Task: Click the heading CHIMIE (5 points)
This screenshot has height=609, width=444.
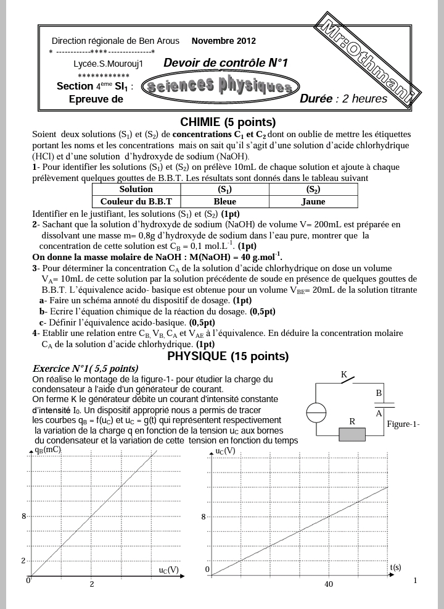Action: pos(228,122)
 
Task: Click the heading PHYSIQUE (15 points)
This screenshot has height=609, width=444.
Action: pos(228,356)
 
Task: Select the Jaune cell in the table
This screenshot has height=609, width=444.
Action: pos(313,201)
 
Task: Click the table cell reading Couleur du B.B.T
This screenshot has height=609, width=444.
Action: pos(136,201)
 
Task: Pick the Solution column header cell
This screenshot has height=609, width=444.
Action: pos(136,190)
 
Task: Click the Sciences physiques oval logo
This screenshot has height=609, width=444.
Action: pos(221,87)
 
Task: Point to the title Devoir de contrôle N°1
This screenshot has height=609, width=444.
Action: pos(226,63)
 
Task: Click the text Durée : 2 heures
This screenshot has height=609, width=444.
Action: pos(343,99)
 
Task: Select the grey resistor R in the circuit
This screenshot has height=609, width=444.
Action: pos(352,434)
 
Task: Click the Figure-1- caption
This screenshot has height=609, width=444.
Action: pos(403,424)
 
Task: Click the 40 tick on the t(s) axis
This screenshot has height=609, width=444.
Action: pos(328,584)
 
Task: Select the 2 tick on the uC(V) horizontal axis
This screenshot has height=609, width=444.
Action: pos(92,584)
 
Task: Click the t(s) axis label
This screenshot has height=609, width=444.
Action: pos(395,566)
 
